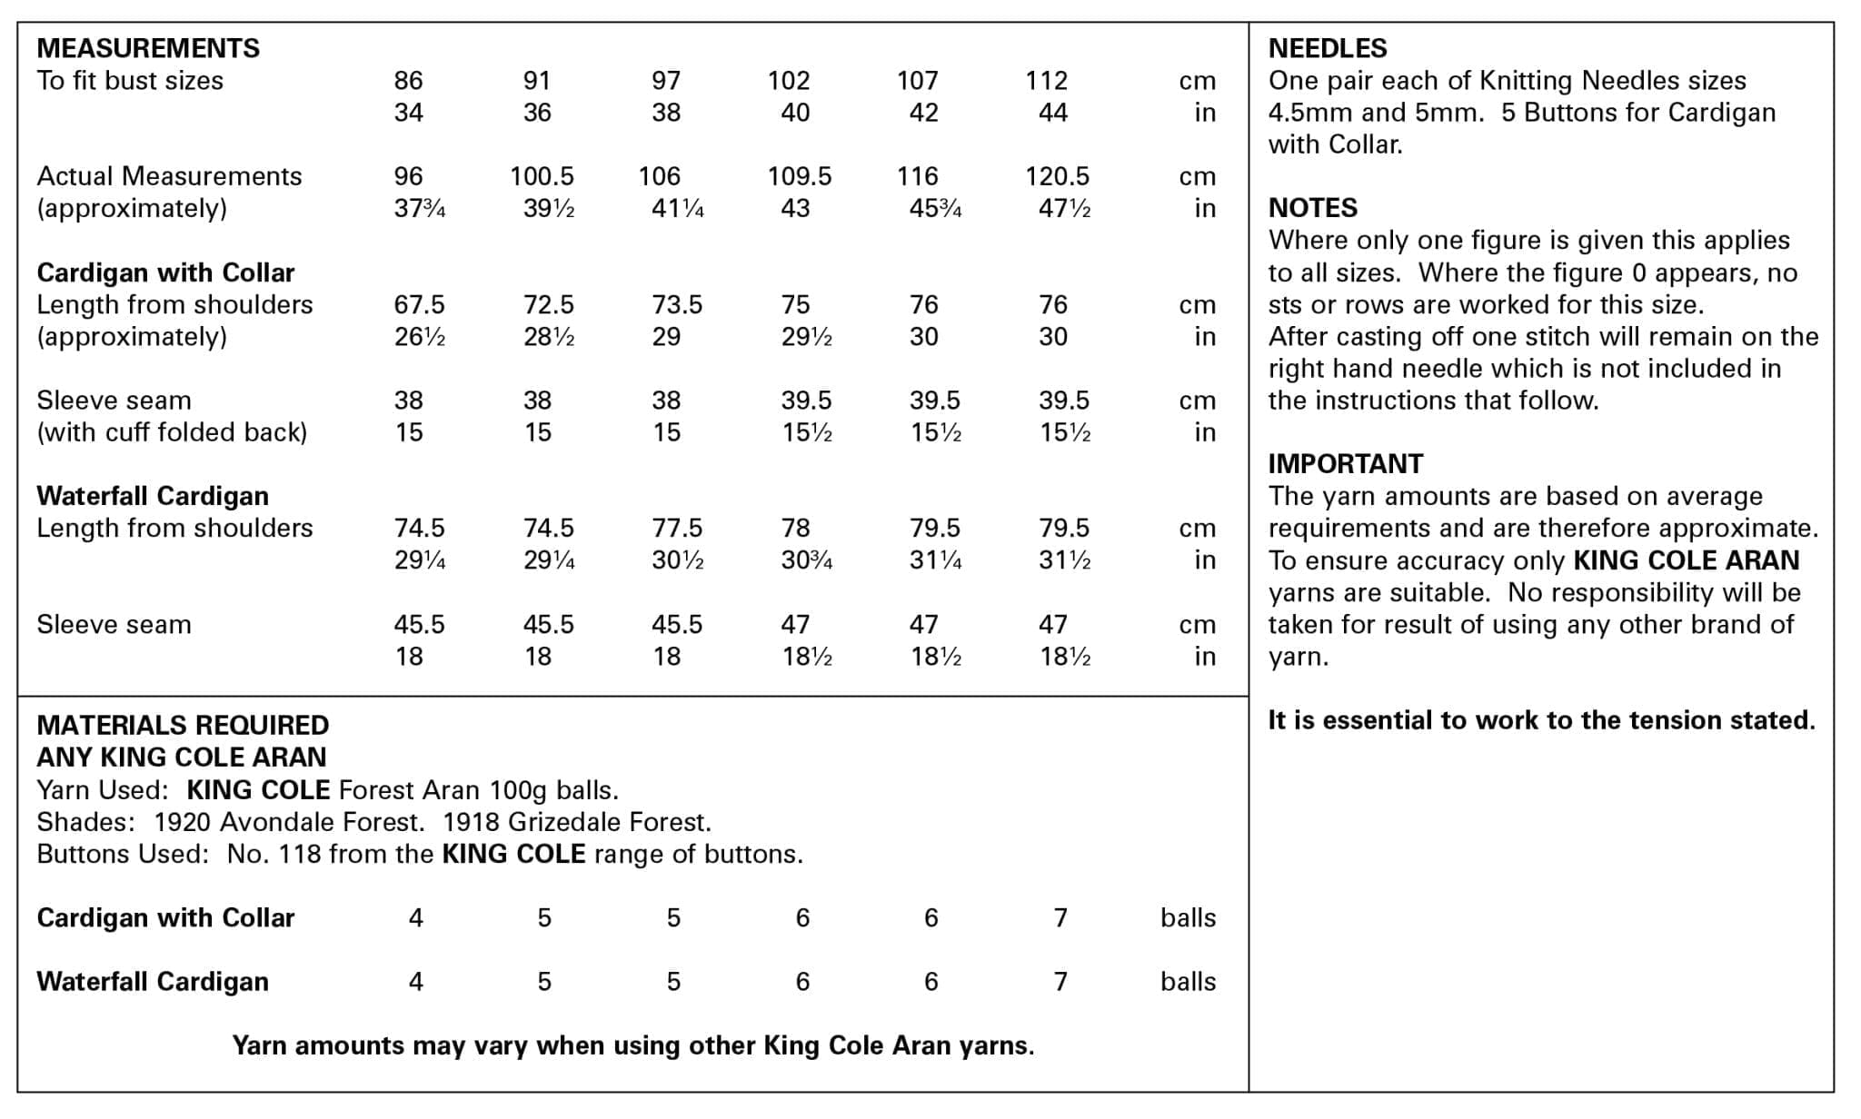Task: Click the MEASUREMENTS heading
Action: click(148, 48)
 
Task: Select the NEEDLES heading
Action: click(1327, 48)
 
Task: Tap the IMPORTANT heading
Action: click(1345, 464)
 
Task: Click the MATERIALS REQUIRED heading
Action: click(183, 725)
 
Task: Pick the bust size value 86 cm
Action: click(408, 81)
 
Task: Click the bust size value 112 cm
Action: click(1046, 81)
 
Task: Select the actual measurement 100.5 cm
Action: click(542, 176)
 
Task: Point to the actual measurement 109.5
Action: click(799, 176)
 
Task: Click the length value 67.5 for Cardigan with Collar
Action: click(419, 304)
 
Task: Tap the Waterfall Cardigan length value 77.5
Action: click(677, 528)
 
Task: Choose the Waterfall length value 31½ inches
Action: click(1064, 560)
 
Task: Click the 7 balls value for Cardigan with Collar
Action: click(1060, 917)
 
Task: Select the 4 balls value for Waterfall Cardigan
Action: click(415, 981)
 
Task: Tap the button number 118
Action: click(300, 854)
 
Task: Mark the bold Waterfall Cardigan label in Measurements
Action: click(153, 496)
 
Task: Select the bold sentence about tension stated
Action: click(1541, 720)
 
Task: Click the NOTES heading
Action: click(1312, 208)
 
